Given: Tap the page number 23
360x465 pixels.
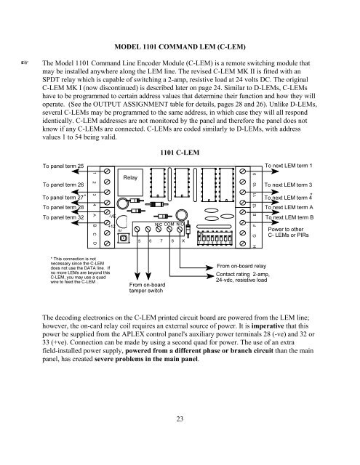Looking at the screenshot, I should pos(179,418).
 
